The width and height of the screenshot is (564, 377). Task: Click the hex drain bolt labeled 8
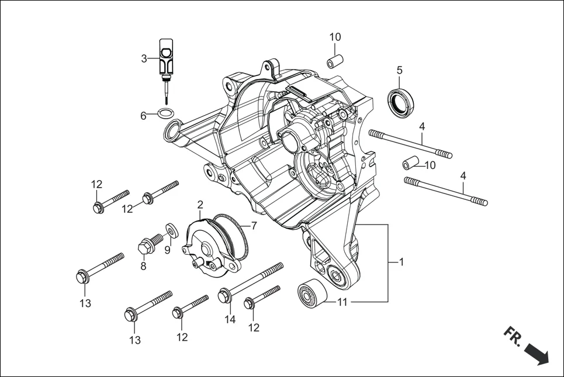[x=148, y=244]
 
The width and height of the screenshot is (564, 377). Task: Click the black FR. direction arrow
[x=537, y=354]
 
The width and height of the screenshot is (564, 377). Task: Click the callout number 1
[x=401, y=262]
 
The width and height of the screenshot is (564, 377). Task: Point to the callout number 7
[x=254, y=225]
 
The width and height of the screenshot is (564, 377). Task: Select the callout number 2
[x=200, y=205]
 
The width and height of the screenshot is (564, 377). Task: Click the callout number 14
[x=230, y=319]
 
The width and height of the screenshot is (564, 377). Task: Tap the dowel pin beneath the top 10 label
[x=334, y=61]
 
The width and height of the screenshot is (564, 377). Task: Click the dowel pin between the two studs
[x=411, y=162]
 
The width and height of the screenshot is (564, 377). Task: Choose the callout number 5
[x=400, y=70]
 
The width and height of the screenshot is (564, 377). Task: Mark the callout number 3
[x=144, y=58]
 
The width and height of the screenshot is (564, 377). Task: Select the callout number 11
[x=342, y=302]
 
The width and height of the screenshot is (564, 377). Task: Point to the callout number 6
[x=143, y=116]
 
